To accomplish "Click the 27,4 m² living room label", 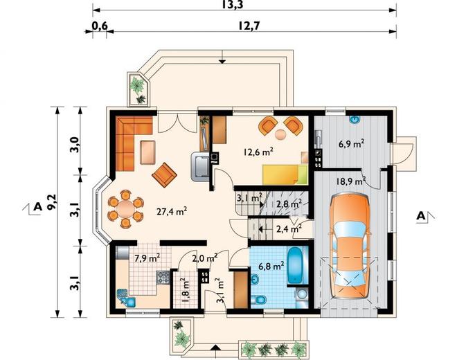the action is [172, 210].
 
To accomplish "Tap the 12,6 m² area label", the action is [258, 152].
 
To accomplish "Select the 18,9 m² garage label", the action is [351, 181].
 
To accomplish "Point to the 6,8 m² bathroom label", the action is [271, 266].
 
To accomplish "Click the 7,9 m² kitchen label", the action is [147, 258].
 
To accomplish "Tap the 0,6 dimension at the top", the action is [100, 26].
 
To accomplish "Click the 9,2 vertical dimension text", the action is [53, 201].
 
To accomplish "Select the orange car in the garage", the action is [349, 246].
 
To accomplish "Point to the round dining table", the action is [126, 208].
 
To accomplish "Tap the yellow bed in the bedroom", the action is [285, 174].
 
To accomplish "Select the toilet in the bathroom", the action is [258, 299].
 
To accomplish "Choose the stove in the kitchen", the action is [163, 277].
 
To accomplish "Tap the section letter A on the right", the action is [420, 216].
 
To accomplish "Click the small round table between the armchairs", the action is [280, 134].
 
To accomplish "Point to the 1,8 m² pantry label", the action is [186, 290].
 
